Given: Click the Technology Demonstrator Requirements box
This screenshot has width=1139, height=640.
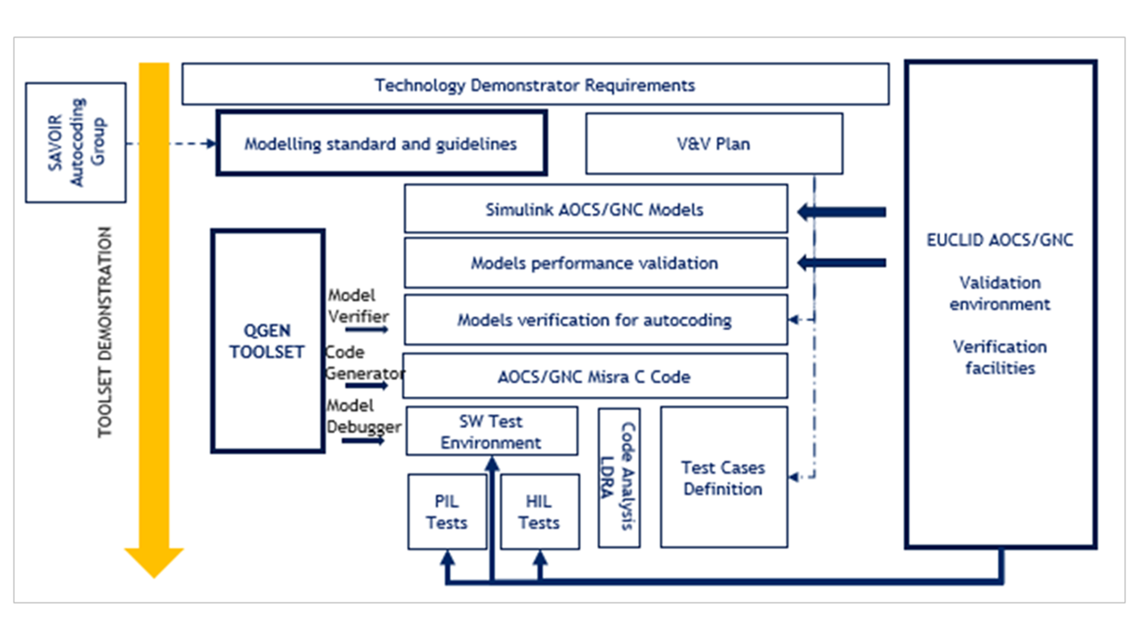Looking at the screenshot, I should pos(535,85).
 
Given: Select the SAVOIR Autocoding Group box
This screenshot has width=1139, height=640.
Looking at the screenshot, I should pos(75,142).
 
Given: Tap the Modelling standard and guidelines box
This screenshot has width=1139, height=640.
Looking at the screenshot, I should pos(381,143).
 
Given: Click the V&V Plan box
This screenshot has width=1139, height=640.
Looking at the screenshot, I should pos(714,143).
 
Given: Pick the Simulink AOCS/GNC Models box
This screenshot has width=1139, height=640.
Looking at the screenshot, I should pos(595,209).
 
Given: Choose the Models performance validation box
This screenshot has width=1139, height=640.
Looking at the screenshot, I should pos(595,263).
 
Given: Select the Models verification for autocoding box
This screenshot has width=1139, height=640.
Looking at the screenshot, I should pos(595,320).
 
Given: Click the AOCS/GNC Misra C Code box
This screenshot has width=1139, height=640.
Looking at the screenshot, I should pos(595,377).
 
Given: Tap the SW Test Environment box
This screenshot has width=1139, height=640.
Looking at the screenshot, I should pos(491,431).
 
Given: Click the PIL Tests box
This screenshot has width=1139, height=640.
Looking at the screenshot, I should pos(447,512).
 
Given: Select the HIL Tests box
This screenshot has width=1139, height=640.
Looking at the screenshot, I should pos(539,512).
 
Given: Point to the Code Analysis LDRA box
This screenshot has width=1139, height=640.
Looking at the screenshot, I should pos(619,477).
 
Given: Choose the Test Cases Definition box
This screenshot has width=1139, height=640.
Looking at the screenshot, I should pos(723,478).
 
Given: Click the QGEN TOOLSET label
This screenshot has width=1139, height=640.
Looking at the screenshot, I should pos(267,341).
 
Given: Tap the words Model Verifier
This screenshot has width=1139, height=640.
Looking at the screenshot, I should pos(358,306).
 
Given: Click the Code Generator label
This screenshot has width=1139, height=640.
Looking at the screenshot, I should pos(364,363).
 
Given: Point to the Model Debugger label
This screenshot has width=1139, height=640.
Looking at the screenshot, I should pos(363,416).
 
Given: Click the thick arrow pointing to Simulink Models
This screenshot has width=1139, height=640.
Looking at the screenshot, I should pos(842,212).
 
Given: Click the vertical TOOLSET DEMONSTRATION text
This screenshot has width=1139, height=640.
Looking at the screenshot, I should pos(104,332).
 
